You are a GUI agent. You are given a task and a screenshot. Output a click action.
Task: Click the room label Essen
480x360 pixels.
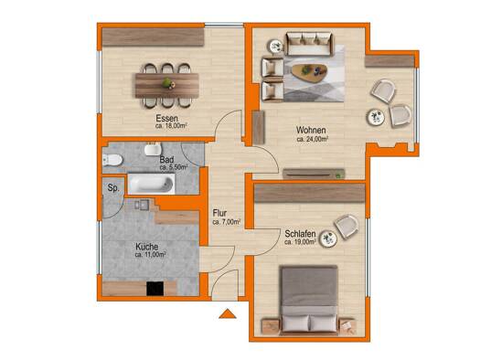166,118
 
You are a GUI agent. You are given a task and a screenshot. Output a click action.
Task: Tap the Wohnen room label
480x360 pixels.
311,131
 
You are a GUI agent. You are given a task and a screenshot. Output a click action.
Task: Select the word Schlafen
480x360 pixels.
300,234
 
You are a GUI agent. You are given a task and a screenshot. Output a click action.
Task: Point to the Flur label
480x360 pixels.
219,213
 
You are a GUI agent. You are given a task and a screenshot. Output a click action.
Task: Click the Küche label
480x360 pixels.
147,247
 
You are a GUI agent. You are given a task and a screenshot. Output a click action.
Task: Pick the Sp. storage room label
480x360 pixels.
113,188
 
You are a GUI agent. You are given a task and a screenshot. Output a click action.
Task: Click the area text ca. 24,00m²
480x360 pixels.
313,139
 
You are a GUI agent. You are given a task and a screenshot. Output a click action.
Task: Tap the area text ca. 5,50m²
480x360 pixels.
174,167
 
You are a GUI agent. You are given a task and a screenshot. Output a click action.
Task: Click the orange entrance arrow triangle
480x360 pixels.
228,314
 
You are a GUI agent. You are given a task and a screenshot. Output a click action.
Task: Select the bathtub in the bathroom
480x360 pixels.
151,185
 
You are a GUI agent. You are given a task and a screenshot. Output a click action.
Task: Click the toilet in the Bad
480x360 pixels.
112,160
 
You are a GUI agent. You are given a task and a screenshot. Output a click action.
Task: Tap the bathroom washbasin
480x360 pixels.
153,149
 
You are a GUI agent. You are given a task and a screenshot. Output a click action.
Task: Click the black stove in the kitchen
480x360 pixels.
155,289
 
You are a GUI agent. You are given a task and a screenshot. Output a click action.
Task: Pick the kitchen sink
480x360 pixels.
142,205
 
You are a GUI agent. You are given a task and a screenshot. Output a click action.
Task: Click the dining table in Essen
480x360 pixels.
167,85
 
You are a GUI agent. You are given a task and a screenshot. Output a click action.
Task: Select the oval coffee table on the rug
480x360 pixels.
309,73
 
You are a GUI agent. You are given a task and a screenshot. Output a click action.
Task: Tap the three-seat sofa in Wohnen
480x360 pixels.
310,45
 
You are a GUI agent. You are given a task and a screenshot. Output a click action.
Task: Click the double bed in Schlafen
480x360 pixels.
310,300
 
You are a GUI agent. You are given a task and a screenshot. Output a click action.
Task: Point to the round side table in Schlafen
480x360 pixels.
328,238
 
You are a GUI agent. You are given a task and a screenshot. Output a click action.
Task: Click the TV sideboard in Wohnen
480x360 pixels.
314,174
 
